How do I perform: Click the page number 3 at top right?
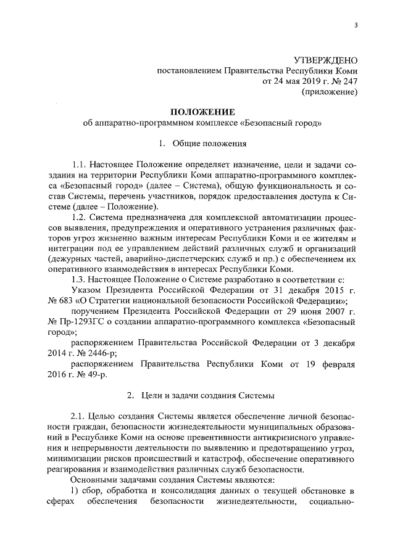(x=356, y=24)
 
